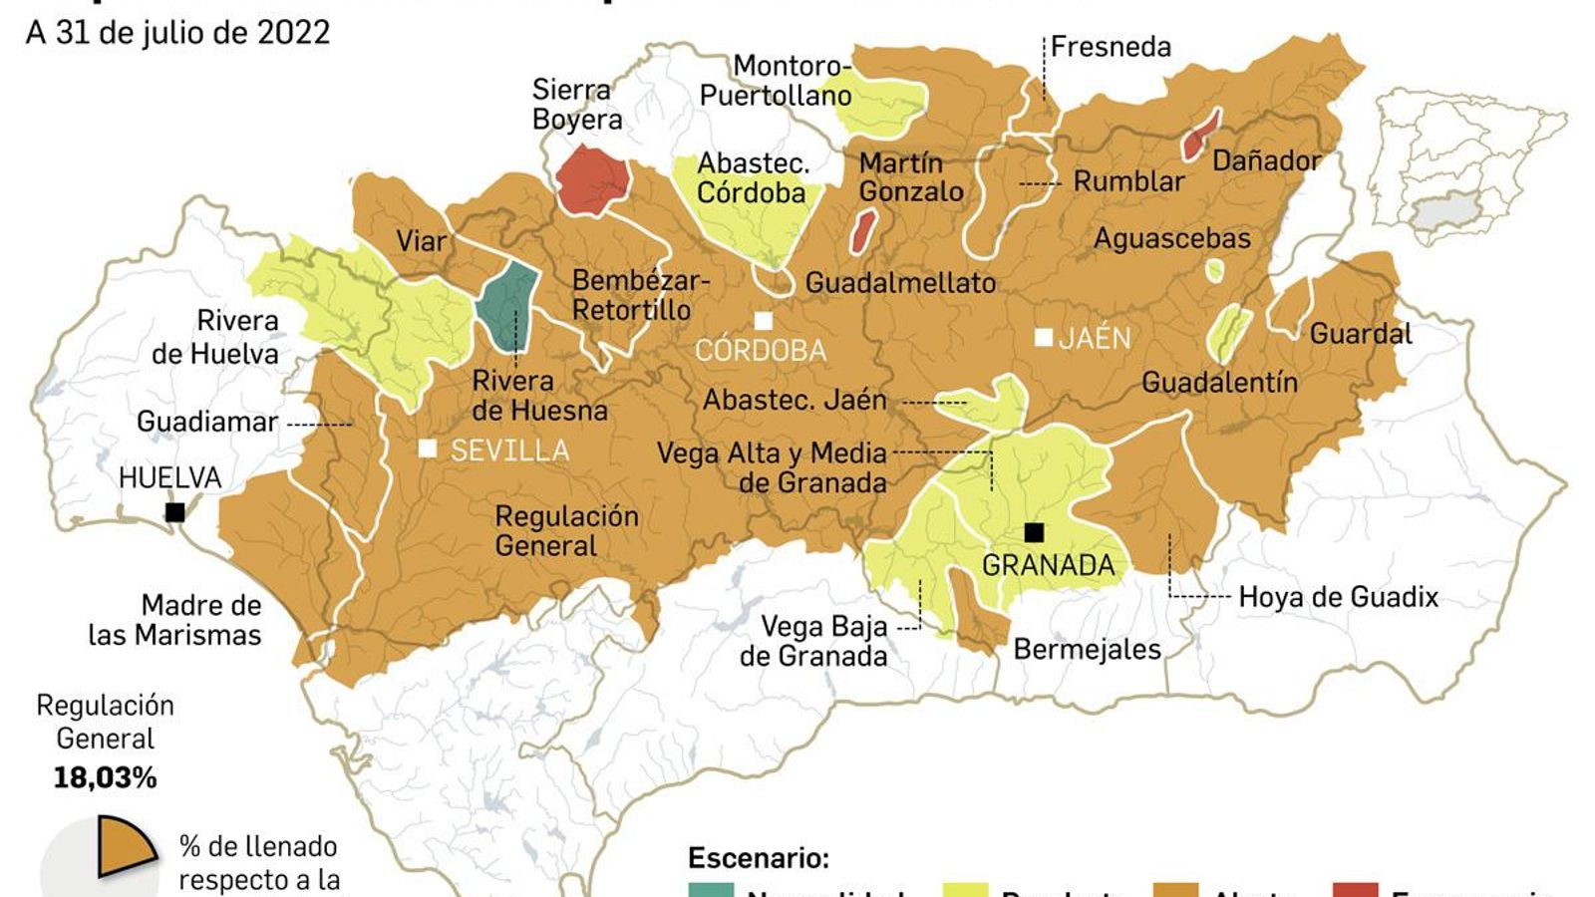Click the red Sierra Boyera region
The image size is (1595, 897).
pyautogui.click(x=591, y=179)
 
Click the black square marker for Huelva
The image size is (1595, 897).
pyautogui.click(x=175, y=512)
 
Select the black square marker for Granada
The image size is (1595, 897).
pyautogui.click(x=1034, y=532)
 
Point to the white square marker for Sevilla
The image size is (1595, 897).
pyautogui.click(x=428, y=448)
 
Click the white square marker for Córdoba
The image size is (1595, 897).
pyautogui.click(x=764, y=321)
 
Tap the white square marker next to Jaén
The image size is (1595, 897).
pyautogui.click(x=1043, y=338)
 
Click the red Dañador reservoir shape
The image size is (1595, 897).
pyautogui.click(x=1200, y=135)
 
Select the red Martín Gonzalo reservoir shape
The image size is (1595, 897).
pyautogui.click(x=862, y=231)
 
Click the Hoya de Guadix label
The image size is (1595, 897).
pyautogui.click(x=1338, y=597)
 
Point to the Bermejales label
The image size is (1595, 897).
pyautogui.click(x=1087, y=650)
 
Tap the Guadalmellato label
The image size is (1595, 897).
pyautogui.click(x=900, y=283)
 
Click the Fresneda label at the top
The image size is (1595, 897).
pyautogui.click(x=1111, y=47)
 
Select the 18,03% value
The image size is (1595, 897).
pyautogui.click(x=105, y=777)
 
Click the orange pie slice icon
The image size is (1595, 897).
pyautogui.click(x=125, y=847)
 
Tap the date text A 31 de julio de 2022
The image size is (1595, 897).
pyautogui.click(x=177, y=32)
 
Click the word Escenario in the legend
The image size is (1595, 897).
pyautogui.click(x=758, y=858)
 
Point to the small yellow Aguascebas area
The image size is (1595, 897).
pyautogui.click(x=1213, y=269)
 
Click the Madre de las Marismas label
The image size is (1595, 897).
pyautogui.click(x=175, y=620)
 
